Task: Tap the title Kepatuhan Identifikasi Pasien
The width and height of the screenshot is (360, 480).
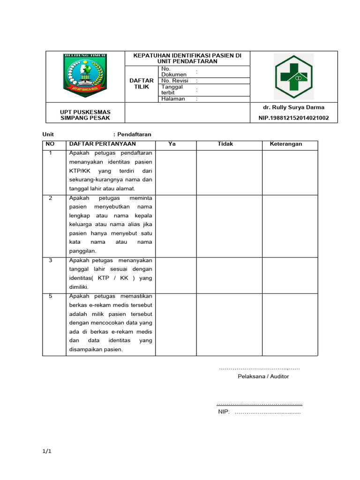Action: pyautogui.click(x=187, y=58)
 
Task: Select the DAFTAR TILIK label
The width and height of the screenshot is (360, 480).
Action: pyautogui.click(x=141, y=83)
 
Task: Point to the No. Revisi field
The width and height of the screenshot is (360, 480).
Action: pyautogui.click(x=174, y=81)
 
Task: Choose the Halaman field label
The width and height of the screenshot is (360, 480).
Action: pyautogui.click(x=173, y=99)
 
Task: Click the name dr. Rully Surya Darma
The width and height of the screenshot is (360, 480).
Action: pyautogui.click(x=293, y=107)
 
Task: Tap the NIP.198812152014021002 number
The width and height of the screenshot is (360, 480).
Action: pyautogui.click(x=293, y=118)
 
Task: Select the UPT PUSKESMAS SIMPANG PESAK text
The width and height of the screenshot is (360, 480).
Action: pyautogui.click(x=85, y=115)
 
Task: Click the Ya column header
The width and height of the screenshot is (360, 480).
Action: pyautogui.click(x=172, y=144)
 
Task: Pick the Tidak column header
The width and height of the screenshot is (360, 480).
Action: pyautogui.click(x=225, y=144)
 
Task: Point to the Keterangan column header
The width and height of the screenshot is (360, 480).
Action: pyautogui.click(x=286, y=144)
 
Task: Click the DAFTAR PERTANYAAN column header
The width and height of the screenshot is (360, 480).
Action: pyautogui.click(x=102, y=144)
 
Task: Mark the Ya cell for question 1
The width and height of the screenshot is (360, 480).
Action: pyautogui.click(x=175, y=172)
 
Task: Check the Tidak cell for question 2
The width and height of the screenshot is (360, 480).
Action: pyautogui.click(x=229, y=225)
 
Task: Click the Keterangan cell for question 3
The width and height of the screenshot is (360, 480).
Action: pyautogui.click(x=289, y=275)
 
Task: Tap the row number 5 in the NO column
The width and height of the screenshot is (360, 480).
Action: pyautogui.click(x=51, y=297)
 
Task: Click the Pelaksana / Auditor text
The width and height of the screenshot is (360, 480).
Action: pyautogui.click(x=263, y=376)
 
